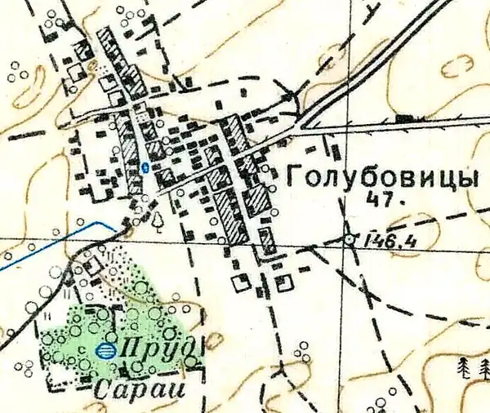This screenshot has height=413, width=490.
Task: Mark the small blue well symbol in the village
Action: tap(145, 167)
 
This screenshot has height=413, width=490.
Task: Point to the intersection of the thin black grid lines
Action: tap(194, 238)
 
